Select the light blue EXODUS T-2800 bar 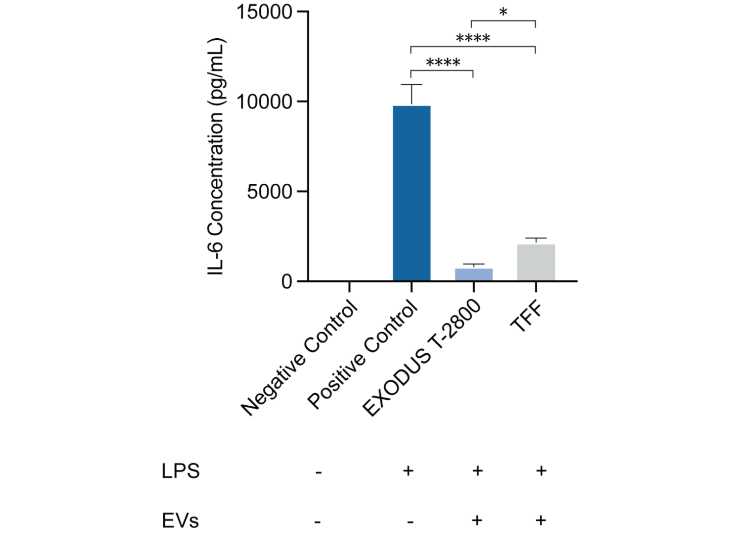[474, 274]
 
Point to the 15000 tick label [264, 12]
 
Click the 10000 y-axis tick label [264, 102]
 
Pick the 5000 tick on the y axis [269, 192]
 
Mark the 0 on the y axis [287, 282]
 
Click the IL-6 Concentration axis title [216, 157]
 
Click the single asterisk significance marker [503, 13]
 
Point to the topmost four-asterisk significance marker [473, 38]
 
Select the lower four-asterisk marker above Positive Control [443, 63]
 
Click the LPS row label [180, 471]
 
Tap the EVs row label [180, 520]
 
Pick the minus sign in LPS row [319, 472]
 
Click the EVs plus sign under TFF [541, 520]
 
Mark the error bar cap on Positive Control [411, 85]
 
